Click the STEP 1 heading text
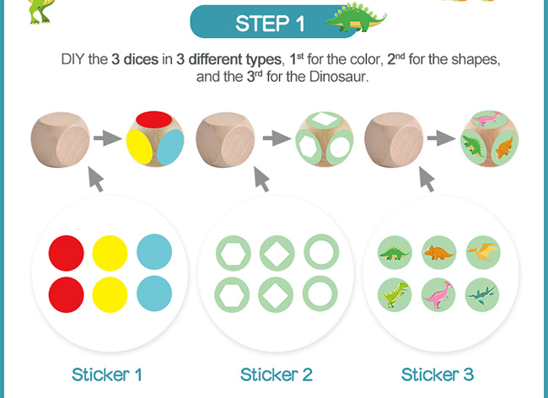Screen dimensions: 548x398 click(x=270, y=24)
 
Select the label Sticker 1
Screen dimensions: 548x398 click(x=107, y=374)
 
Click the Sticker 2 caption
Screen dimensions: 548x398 click(x=276, y=374)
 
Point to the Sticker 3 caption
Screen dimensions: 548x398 click(x=438, y=374)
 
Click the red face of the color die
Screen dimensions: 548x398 click(x=153, y=120)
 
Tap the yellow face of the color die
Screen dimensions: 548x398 click(x=139, y=146)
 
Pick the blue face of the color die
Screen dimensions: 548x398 click(x=170, y=147)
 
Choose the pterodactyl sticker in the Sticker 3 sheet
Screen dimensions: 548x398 click(x=483, y=252)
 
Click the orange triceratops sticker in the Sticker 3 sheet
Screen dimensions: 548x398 click(x=438, y=252)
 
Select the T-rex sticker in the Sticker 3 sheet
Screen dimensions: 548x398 click(x=395, y=294)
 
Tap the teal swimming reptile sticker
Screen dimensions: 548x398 click(x=482, y=294)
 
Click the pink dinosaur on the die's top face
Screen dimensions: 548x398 click(x=488, y=118)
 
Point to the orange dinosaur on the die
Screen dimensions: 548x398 click(x=504, y=147)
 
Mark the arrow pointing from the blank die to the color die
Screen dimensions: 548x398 click(x=108, y=138)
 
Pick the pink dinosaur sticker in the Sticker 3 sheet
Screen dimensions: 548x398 click(x=438, y=294)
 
